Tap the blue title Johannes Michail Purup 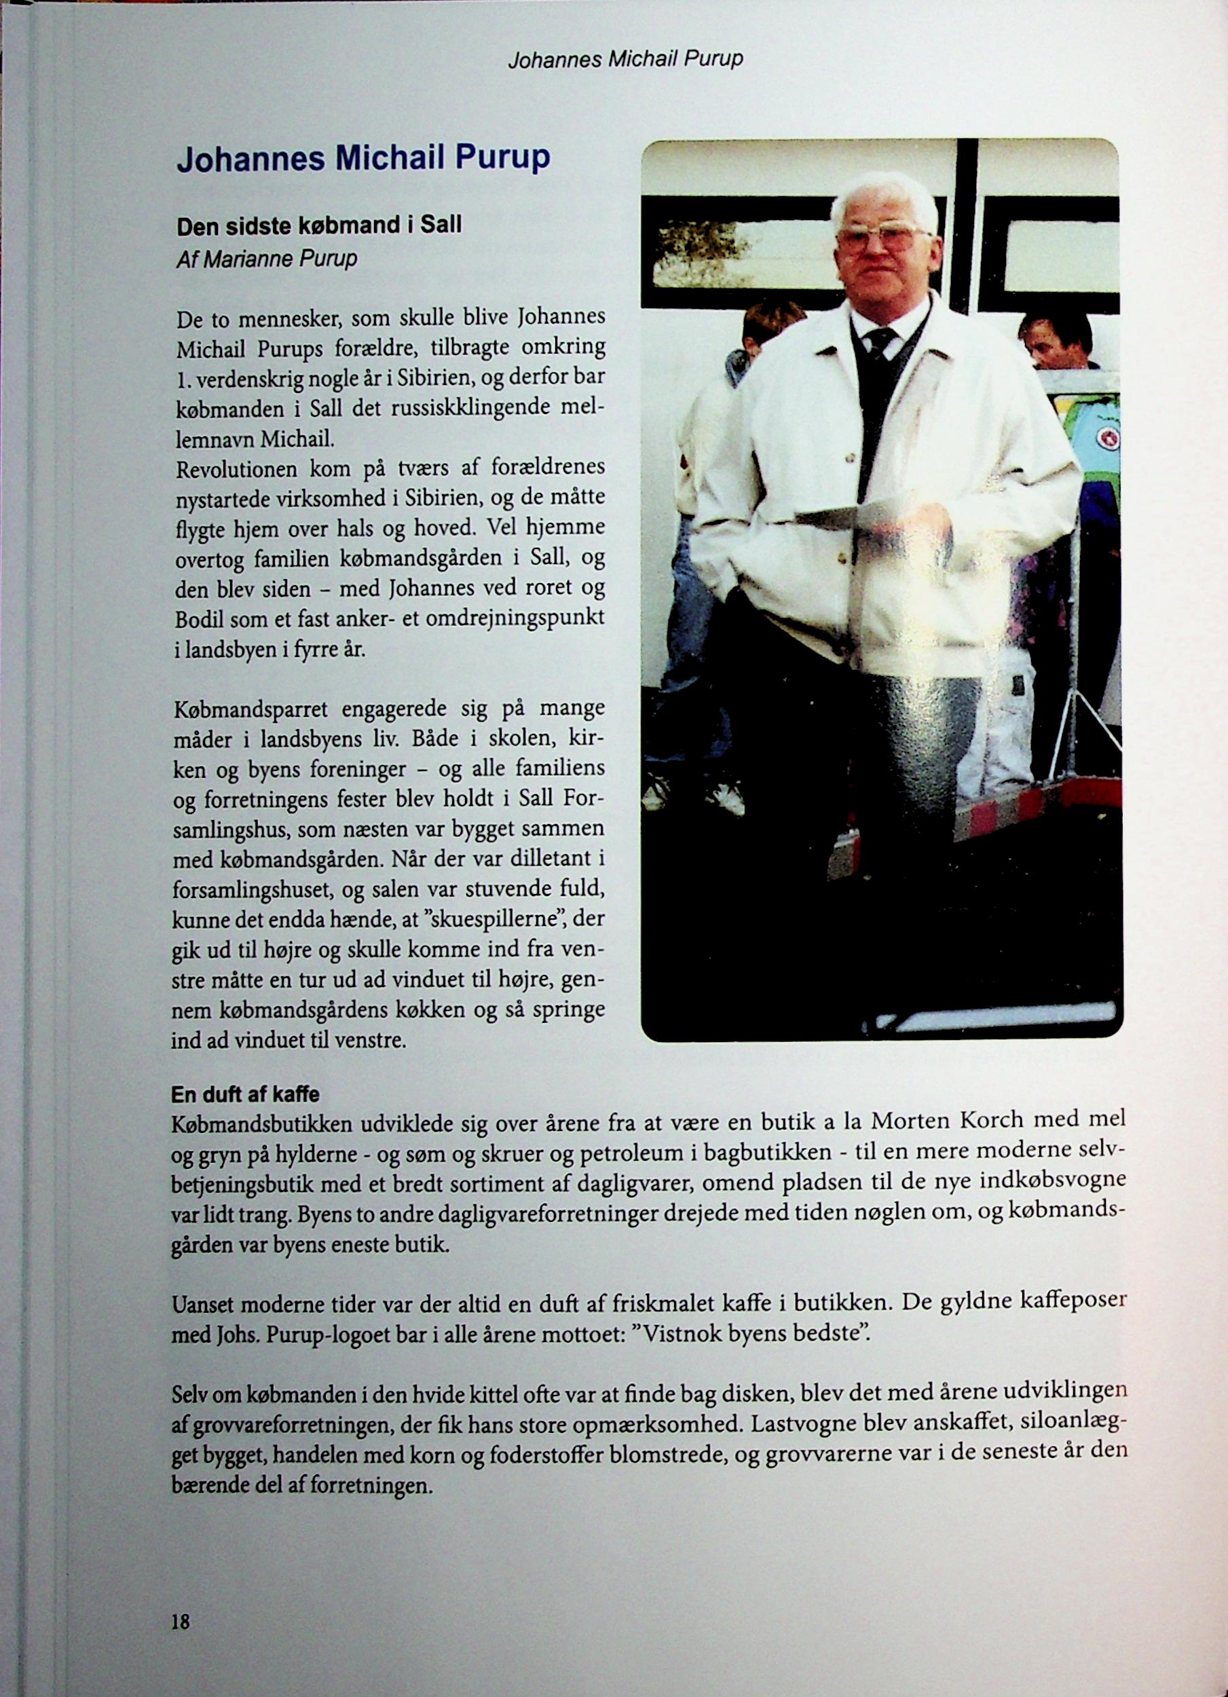364,158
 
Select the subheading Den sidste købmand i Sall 319,225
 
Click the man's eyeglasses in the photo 885,239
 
